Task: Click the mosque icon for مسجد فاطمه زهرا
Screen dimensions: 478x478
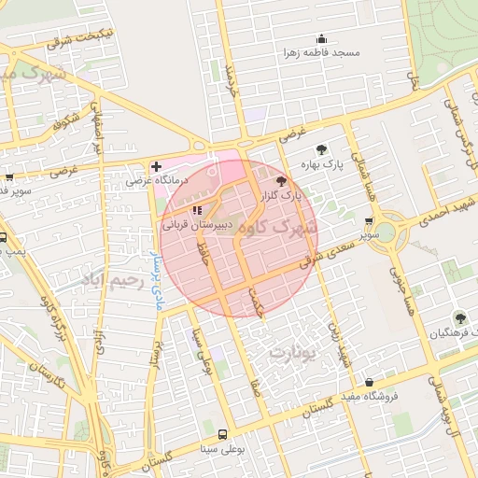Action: point(322,38)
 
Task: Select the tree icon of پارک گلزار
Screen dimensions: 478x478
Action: point(283,181)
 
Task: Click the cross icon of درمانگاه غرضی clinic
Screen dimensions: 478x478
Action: point(156,165)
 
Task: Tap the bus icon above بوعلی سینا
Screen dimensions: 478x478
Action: point(222,434)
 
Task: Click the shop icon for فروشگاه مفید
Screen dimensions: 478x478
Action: point(371,382)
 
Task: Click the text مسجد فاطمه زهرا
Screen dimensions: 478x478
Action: point(323,54)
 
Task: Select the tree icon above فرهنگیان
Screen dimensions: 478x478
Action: point(459,317)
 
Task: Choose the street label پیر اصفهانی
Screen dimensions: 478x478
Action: point(96,126)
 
